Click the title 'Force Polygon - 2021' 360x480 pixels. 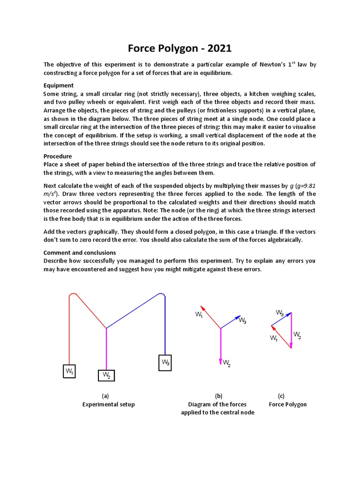point(180,48)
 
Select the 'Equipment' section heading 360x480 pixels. point(59,85)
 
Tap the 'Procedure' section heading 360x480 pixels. point(58,156)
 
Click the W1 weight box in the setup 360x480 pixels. point(69,371)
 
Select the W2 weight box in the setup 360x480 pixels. point(107,376)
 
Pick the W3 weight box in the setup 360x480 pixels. point(165,362)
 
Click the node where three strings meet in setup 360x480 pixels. point(107,328)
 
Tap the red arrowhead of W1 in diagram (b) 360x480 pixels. point(202,307)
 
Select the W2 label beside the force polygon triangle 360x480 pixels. point(298,335)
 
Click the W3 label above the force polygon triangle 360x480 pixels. point(279,312)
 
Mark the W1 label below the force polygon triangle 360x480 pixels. point(274,338)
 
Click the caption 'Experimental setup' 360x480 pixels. point(108,404)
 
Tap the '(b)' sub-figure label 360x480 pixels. point(217,396)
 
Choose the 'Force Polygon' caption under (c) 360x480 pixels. point(287,404)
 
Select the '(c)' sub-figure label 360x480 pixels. point(281,396)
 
